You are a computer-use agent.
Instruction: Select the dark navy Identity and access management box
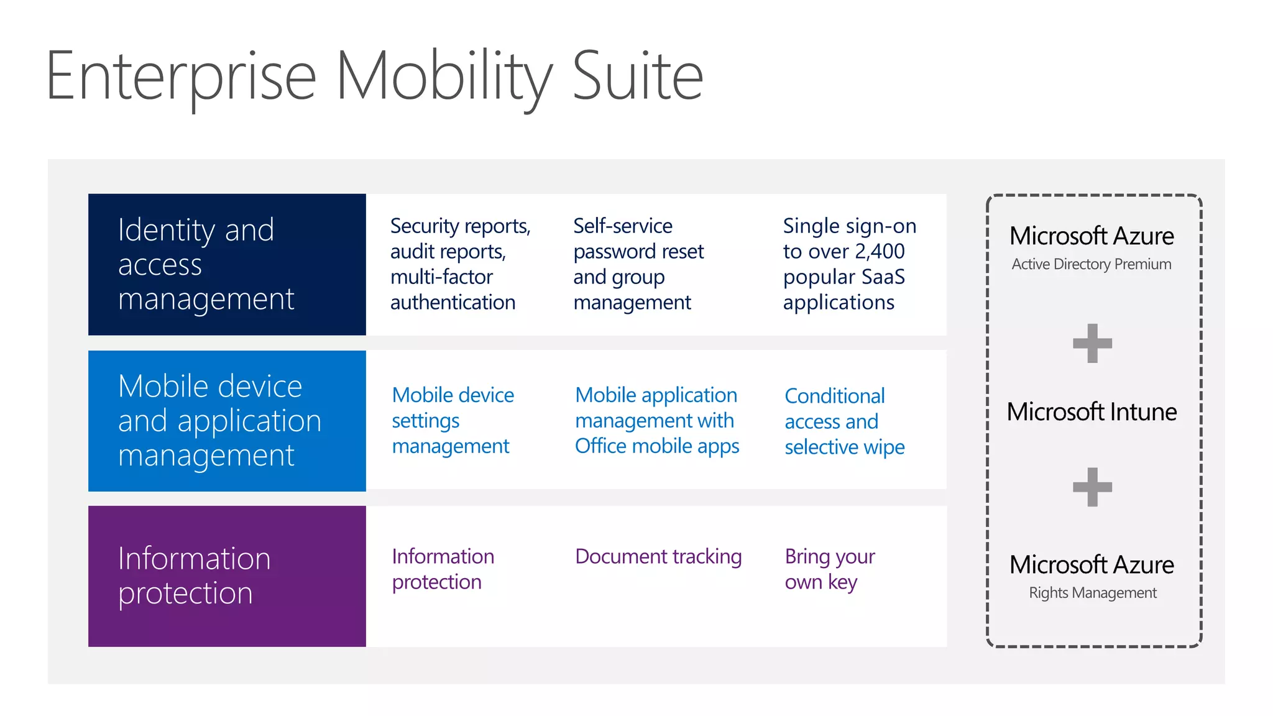tap(227, 265)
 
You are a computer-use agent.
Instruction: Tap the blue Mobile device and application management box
tap(227, 421)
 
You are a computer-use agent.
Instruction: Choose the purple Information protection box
tap(227, 576)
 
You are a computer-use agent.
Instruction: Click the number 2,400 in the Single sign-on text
tap(880, 252)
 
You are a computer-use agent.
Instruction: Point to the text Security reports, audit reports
tap(460, 239)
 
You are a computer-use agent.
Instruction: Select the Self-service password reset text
tap(638, 239)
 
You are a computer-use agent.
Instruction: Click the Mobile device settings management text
tap(453, 421)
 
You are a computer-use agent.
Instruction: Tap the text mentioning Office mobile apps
tap(657, 446)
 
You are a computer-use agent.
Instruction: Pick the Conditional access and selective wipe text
tap(844, 421)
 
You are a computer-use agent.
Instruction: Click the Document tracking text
tap(658, 556)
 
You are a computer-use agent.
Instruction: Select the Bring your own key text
tap(829, 569)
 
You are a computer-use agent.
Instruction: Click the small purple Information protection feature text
tap(443, 569)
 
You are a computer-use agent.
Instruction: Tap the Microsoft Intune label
tap(1091, 412)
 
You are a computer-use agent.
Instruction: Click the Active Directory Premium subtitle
tap(1091, 264)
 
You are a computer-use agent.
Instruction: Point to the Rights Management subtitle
tap(1093, 593)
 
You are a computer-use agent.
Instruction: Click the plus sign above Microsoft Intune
tap(1092, 343)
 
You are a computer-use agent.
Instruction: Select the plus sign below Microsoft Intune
tap(1092, 487)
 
